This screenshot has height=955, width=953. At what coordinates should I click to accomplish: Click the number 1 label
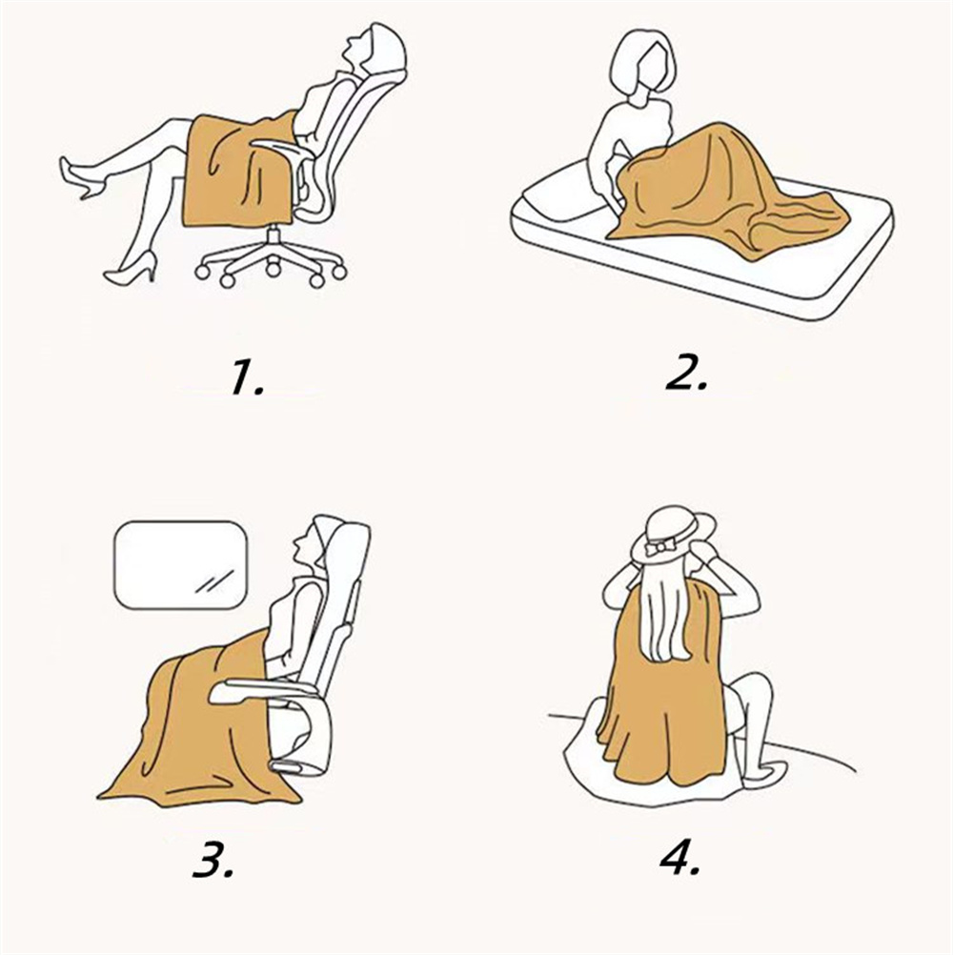[247, 377]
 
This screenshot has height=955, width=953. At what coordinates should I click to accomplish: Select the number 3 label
[213, 860]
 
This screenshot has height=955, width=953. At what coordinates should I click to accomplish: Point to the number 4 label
[680, 857]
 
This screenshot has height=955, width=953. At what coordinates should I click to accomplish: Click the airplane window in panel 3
[181, 564]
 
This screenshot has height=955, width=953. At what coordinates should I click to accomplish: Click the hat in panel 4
[674, 534]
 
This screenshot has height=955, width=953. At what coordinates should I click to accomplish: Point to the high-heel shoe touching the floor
[131, 268]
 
